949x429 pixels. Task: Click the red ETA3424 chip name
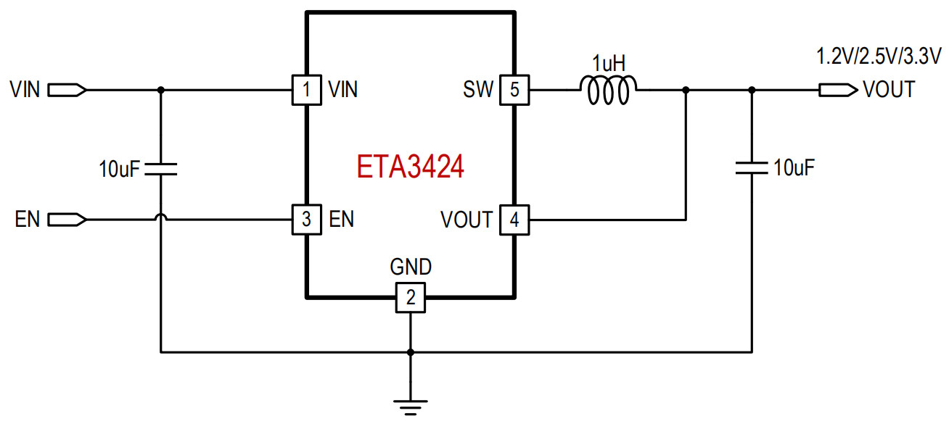pyautogui.click(x=410, y=167)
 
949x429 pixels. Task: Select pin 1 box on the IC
pyautogui.click(x=307, y=90)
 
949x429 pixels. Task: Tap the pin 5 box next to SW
pyautogui.click(x=514, y=90)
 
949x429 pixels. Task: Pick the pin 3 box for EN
pyautogui.click(x=307, y=219)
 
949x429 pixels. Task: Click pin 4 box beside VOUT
pyautogui.click(x=514, y=219)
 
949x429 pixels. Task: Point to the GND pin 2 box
pyautogui.click(x=411, y=297)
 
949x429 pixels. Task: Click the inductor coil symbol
pyautogui.click(x=608, y=90)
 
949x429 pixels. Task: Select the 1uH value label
pyautogui.click(x=608, y=63)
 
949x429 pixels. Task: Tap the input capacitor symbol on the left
pyautogui.click(x=160, y=170)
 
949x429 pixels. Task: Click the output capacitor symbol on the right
pyautogui.click(x=752, y=169)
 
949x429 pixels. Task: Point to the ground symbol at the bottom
pyautogui.click(x=411, y=407)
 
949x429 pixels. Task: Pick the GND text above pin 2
pyautogui.click(x=411, y=267)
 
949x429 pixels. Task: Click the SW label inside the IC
pyautogui.click(x=478, y=90)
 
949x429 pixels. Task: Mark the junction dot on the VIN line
pyautogui.click(x=160, y=90)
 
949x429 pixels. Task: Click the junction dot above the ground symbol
pyautogui.click(x=411, y=352)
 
